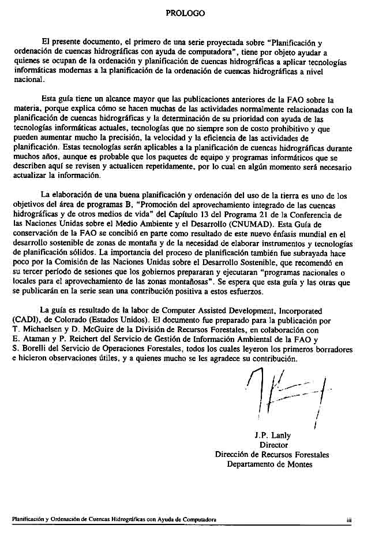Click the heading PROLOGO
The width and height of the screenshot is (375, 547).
pyautogui.click(x=185, y=12)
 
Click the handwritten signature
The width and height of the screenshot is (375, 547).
pyautogui.click(x=286, y=399)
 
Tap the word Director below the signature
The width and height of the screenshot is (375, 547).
pyautogui.click(x=273, y=445)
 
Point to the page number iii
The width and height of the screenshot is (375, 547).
pyautogui.click(x=350, y=520)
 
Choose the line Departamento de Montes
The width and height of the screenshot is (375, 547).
pyautogui.click(x=270, y=464)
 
